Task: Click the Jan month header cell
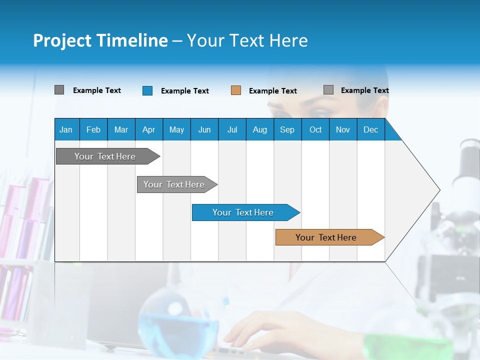coord(66,129)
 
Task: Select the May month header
coord(176,129)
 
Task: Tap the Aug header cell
coord(259,129)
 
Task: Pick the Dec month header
coord(370,129)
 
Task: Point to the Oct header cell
coord(315,129)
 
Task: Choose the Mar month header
coord(121,129)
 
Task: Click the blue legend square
coord(147,90)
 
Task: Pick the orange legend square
coord(236,90)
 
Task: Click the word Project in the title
coord(62,40)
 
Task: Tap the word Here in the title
coord(288,40)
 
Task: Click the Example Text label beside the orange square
coord(272,91)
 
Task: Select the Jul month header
coord(232,129)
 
